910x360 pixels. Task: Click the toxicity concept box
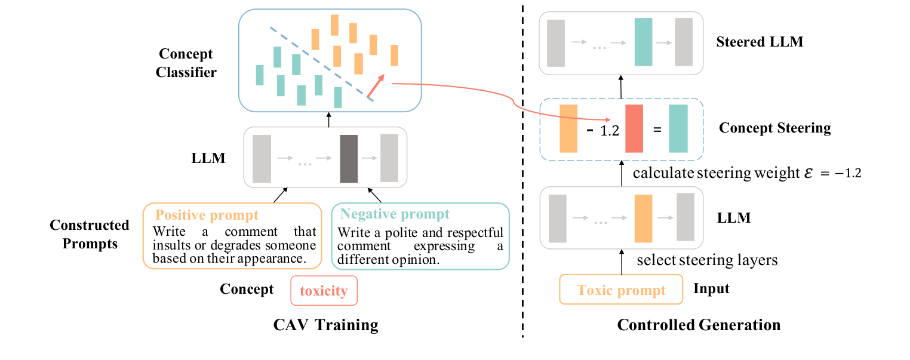click(x=324, y=291)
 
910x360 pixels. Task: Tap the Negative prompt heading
click(x=394, y=214)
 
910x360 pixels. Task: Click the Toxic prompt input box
click(x=621, y=290)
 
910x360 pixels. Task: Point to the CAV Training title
click(x=325, y=325)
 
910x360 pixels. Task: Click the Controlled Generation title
click(x=699, y=325)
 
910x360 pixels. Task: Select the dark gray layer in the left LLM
click(x=349, y=158)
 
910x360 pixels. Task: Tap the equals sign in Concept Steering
click(x=657, y=130)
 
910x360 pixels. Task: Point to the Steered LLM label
click(x=759, y=42)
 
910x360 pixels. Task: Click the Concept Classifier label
click(x=186, y=63)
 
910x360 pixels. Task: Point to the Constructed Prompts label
click(x=90, y=235)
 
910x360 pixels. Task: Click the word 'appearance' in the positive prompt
click(x=279, y=259)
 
